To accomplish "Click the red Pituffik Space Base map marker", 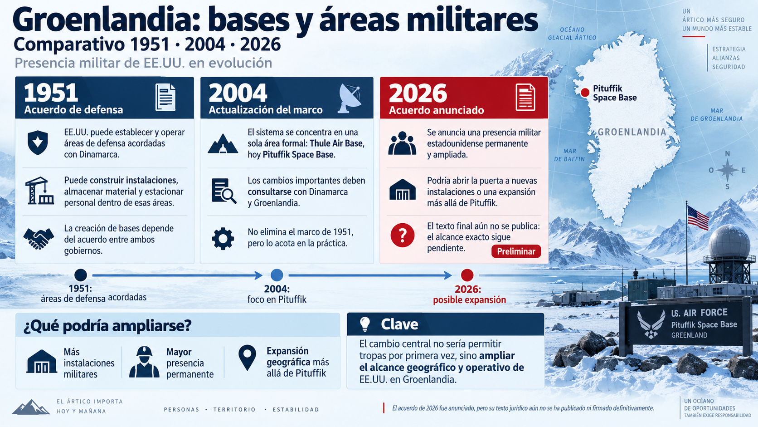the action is point(585,93).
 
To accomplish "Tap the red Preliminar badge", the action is point(516,251).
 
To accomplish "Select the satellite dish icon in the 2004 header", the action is point(350,98).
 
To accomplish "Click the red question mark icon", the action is point(403,235).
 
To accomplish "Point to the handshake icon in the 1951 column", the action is point(39,239).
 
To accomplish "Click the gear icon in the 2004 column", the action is point(223,239).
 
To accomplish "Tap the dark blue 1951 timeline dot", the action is point(81,275).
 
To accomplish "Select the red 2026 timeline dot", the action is point(467,275).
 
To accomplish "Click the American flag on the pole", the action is point(698,218).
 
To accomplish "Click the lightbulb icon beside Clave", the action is point(365,324).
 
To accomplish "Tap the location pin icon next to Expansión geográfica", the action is point(248,358).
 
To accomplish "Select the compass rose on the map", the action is point(727,170).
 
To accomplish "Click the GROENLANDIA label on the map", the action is point(632,132).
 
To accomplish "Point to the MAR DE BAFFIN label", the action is point(569,155).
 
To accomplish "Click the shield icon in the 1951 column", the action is point(38,142).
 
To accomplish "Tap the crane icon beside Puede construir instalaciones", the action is point(39,191).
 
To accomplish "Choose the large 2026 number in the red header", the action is point(418,93).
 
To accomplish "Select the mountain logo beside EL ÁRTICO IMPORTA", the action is point(31,407).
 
